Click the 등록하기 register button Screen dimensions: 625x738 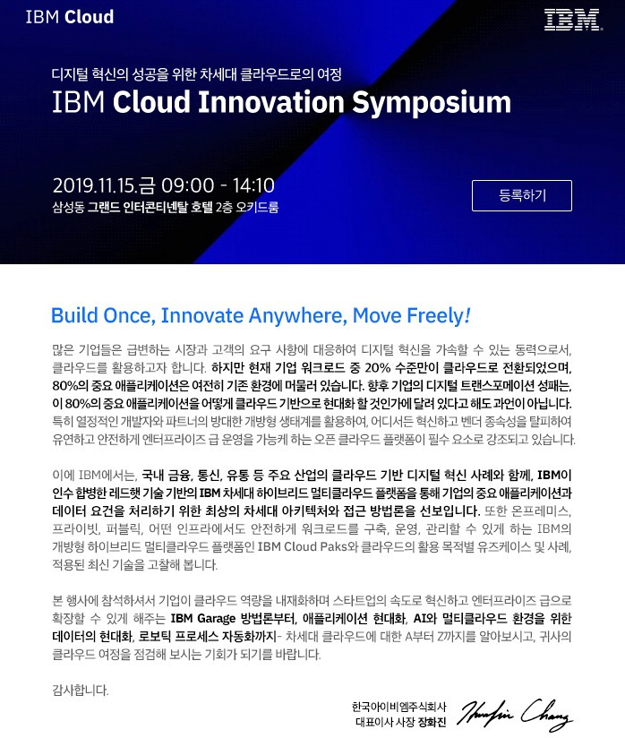point(521,195)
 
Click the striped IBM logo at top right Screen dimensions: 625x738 point(573,20)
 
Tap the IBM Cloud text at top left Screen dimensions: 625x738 point(70,17)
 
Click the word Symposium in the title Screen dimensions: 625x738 point(432,103)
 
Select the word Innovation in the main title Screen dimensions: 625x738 point(271,102)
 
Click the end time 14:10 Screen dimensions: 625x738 point(253,185)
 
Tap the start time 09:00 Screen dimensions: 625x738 point(188,185)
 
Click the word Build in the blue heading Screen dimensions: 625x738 point(74,315)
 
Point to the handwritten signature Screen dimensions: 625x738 point(515,715)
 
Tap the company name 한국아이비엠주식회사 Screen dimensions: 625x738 point(398,707)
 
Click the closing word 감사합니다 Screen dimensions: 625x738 point(81,691)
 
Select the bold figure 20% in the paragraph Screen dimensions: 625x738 point(378,367)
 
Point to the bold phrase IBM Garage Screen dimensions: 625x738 point(203,619)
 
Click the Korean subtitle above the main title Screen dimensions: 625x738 point(197,74)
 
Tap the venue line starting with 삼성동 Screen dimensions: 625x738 point(165,207)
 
